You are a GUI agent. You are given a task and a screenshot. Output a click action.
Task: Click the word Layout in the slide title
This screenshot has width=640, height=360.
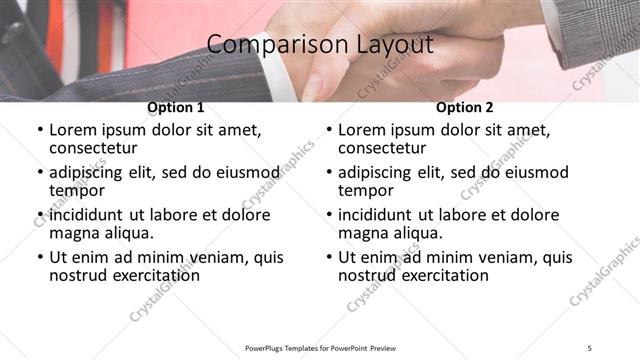coord(389,45)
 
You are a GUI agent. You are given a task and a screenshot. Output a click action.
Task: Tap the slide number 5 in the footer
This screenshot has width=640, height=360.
coord(590,347)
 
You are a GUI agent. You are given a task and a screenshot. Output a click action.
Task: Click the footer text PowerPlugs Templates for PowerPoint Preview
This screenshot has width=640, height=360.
coord(321,347)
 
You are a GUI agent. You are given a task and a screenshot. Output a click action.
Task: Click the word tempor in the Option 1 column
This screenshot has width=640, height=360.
coord(77,191)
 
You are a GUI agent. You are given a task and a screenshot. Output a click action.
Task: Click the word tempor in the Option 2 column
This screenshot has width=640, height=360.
coord(366,191)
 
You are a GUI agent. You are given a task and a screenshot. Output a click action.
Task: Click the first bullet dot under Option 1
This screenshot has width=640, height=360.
coord(40,130)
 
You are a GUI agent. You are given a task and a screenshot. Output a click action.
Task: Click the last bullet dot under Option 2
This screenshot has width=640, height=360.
coord(329,257)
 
